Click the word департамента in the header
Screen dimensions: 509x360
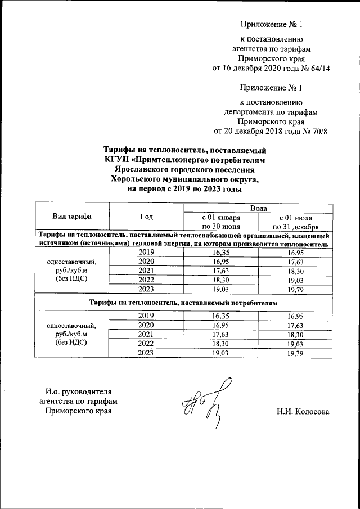[x=250, y=112]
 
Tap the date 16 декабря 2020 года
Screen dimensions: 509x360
[x=258, y=69]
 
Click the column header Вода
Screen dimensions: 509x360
[x=258, y=208]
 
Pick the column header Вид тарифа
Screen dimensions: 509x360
[x=72, y=217]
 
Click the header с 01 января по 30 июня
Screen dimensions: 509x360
[x=221, y=221]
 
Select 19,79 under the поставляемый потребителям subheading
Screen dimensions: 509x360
[x=295, y=353]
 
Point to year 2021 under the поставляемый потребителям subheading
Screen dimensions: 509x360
[x=146, y=335]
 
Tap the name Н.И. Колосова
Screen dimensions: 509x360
[x=303, y=412]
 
